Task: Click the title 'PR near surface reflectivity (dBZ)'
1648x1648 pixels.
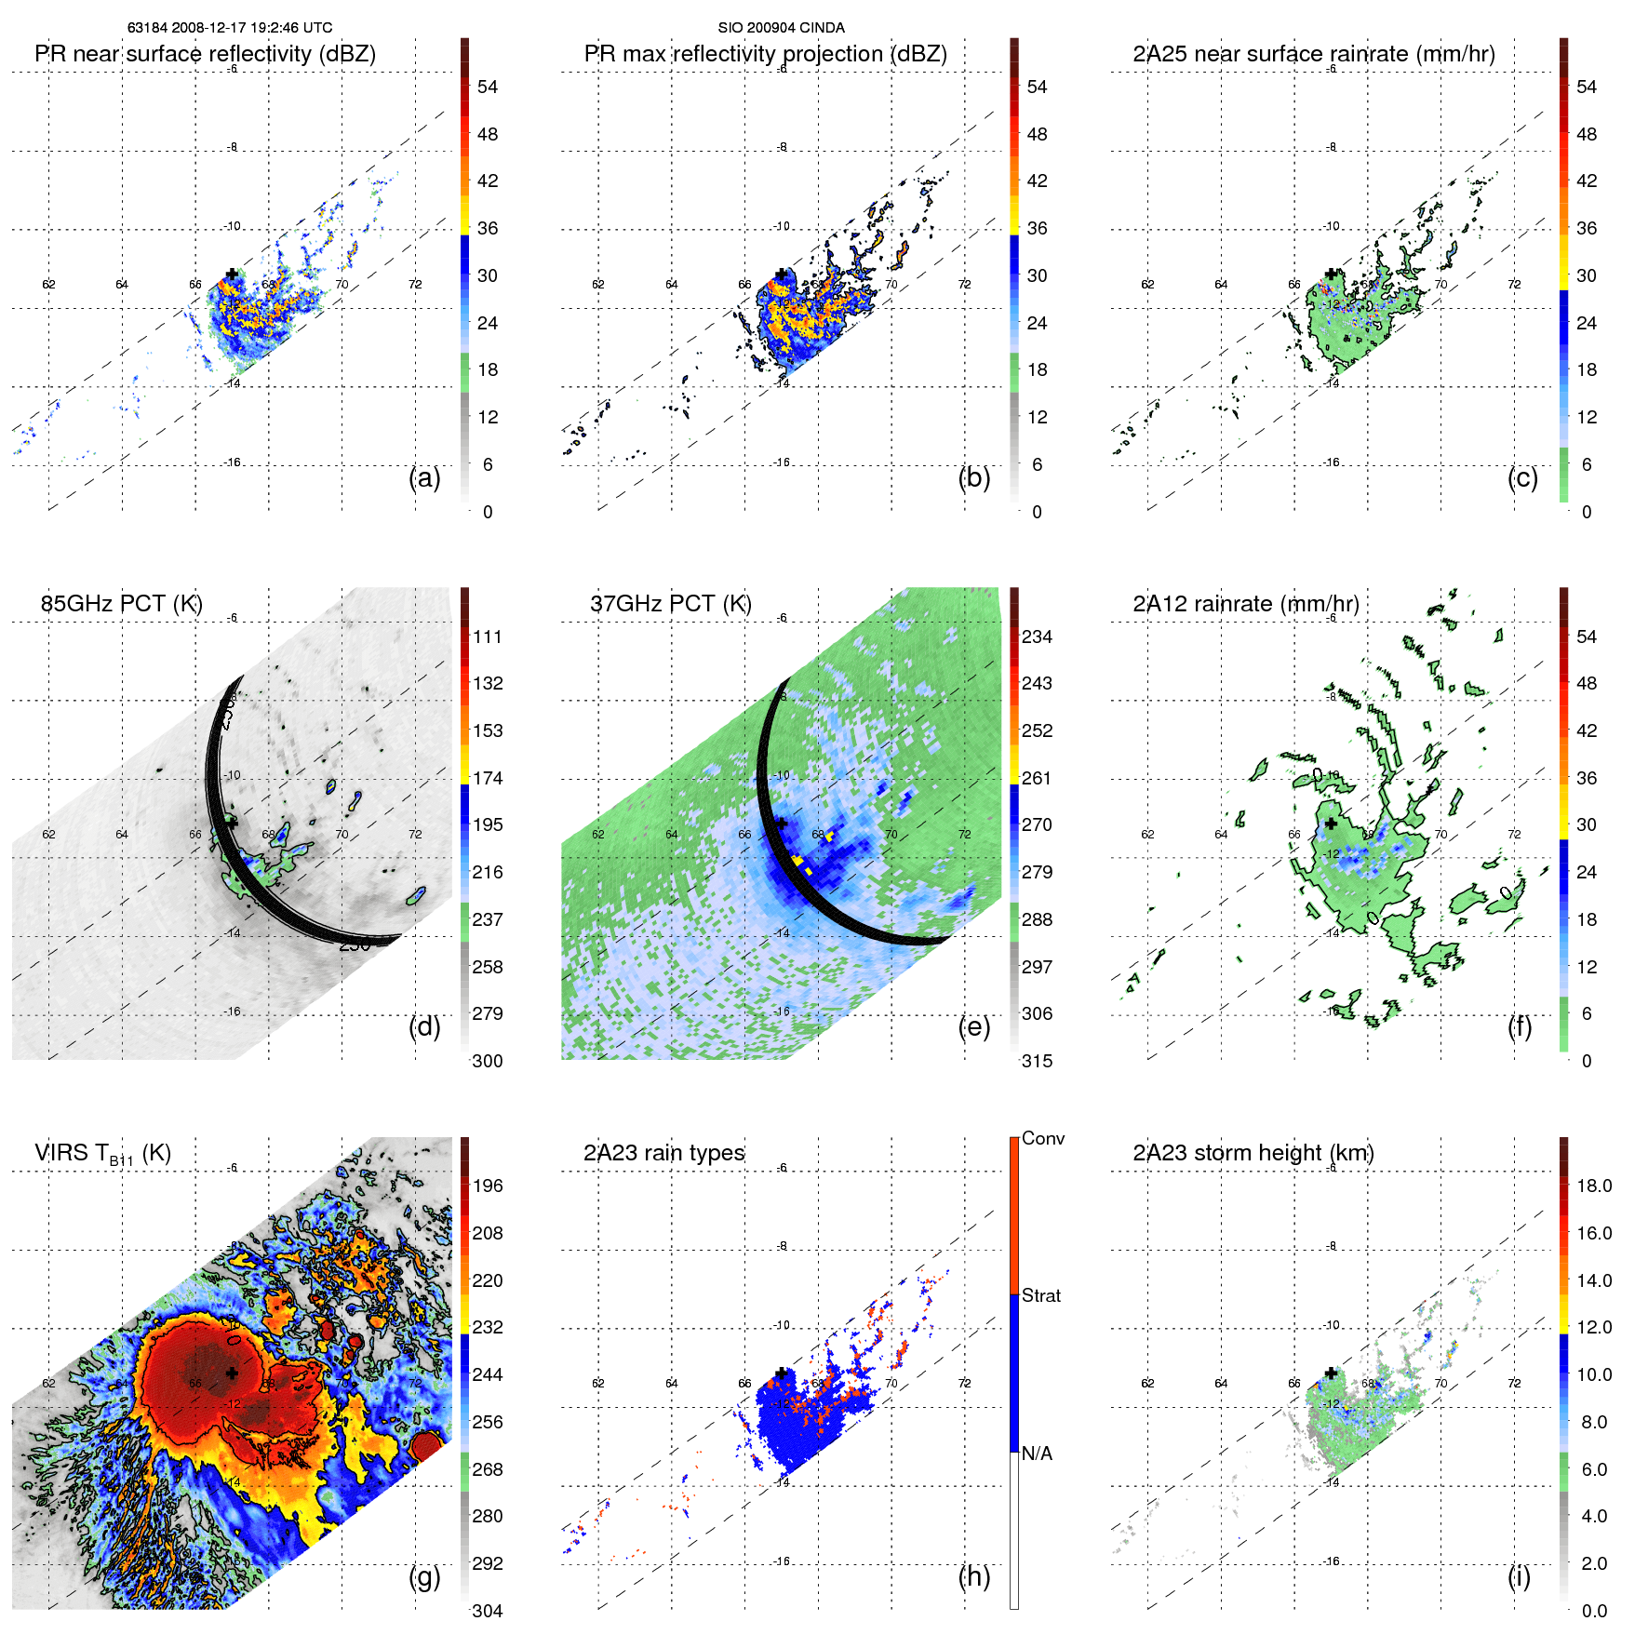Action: click(205, 54)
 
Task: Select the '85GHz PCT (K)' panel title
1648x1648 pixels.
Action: click(121, 604)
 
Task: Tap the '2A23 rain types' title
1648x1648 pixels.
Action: click(663, 1153)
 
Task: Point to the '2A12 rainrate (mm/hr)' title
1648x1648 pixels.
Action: click(1245, 604)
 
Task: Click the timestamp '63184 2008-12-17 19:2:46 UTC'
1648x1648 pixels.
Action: click(230, 28)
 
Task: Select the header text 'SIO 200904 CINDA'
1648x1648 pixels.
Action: click(781, 28)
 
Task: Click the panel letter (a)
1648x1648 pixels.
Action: click(424, 478)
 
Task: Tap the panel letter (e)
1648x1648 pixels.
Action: click(973, 1027)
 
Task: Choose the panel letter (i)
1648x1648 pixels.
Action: click(1519, 1576)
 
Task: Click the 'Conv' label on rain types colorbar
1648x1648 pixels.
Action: click(1042, 1139)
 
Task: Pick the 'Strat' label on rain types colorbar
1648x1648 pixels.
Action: click(1040, 1296)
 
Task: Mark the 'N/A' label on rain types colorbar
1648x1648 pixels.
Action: click(1037, 1454)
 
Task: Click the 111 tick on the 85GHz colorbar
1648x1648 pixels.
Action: click(488, 637)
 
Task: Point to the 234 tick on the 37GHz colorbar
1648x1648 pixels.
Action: click(1037, 637)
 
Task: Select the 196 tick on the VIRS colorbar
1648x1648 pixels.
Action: click(488, 1186)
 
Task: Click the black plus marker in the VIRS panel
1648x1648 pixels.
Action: click(232, 1373)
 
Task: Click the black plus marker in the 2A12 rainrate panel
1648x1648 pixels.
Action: click(1331, 824)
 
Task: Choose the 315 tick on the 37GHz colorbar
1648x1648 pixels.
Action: click(1037, 1062)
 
